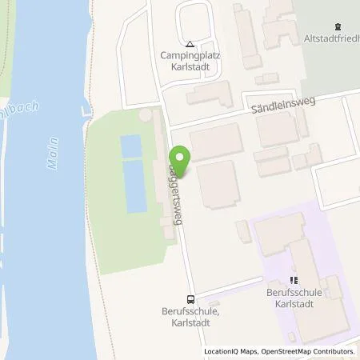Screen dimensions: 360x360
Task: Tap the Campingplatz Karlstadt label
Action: click(190, 62)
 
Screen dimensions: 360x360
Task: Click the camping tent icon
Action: click(190, 45)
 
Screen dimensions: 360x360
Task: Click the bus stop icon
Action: click(190, 294)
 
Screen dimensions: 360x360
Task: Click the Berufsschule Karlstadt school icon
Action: click(293, 281)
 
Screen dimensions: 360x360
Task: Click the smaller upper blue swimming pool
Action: click(130, 146)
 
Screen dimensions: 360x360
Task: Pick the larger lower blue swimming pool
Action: click(135, 186)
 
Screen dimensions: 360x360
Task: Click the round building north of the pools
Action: click(144, 116)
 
